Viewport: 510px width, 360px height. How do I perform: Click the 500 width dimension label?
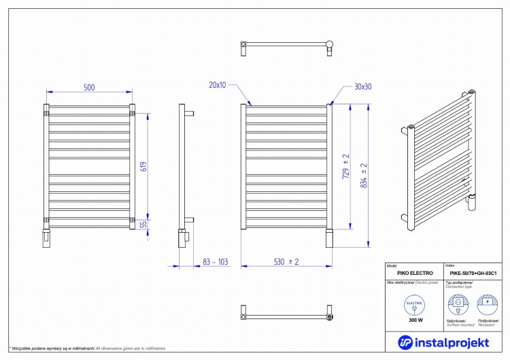(x=89, y=86)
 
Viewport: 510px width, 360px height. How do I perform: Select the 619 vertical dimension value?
(x=143, y=165)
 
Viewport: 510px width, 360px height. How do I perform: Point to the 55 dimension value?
(x=143, y=224)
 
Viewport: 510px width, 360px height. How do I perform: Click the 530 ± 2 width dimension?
(x=286, y=261)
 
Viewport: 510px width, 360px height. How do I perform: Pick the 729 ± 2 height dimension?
(x=346, y=165)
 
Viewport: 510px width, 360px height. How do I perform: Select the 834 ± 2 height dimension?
(x=364, y=176)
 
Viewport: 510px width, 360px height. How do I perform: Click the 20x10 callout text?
(x=218, y=85)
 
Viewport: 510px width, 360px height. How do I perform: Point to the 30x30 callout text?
(x=363, y=86)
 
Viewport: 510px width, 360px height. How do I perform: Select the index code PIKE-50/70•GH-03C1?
(x=473, y=273)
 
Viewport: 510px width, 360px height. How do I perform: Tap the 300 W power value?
(x=415, y=320)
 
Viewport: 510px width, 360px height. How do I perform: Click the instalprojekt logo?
(x=442, y=340)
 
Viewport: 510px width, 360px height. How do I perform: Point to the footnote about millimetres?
(x=87, y=348)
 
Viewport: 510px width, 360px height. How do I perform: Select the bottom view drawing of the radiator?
(x=286, y=315)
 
